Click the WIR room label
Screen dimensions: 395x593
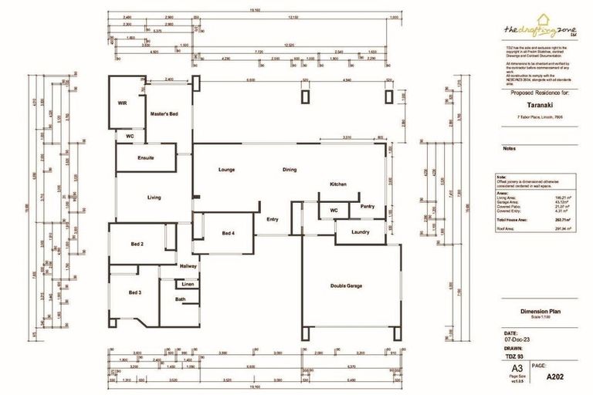[122, 103]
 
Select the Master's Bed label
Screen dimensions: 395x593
[164, 114]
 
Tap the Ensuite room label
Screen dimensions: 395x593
[146, 158]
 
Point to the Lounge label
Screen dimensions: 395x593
[226, 170]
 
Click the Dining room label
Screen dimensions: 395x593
[289, 170]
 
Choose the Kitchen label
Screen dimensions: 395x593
[339, 185]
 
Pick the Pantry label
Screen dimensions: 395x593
[367, 206]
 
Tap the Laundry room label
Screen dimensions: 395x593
[360, 231]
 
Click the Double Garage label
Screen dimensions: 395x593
[346, 285]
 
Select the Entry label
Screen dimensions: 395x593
[272, 219]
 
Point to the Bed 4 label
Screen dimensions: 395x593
[229, 233]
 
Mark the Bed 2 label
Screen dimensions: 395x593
[137, 244]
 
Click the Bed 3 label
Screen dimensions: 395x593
[135, 292]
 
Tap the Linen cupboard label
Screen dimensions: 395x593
[188, 285]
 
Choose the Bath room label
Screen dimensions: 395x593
[180, 299]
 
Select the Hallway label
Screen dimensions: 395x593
[188, 266]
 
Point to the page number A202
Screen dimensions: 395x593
[556, 378]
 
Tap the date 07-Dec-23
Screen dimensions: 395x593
[514, 340]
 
